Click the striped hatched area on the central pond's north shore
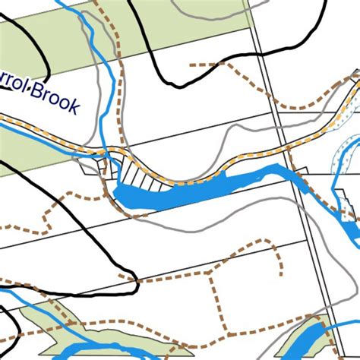[x=141, y=178]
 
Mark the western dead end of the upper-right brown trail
[x=190, y=66]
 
